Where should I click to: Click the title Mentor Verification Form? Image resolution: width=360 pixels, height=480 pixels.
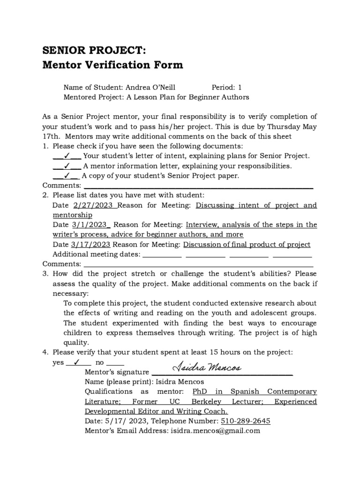coord(113,65)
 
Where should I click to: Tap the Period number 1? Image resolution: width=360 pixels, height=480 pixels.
coord(240,87)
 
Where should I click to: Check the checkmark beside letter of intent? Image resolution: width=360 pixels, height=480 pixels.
coord(67,156)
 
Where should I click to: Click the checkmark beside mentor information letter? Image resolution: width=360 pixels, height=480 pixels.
coord(67,166)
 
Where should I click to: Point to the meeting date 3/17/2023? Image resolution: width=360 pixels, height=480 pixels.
coord(91,245)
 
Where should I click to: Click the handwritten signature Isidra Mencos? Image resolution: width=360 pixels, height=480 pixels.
coord(207,368)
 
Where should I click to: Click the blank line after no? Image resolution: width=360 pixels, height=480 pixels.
coord(115,363)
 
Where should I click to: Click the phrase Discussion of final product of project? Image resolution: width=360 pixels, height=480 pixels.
coord(247,245)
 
